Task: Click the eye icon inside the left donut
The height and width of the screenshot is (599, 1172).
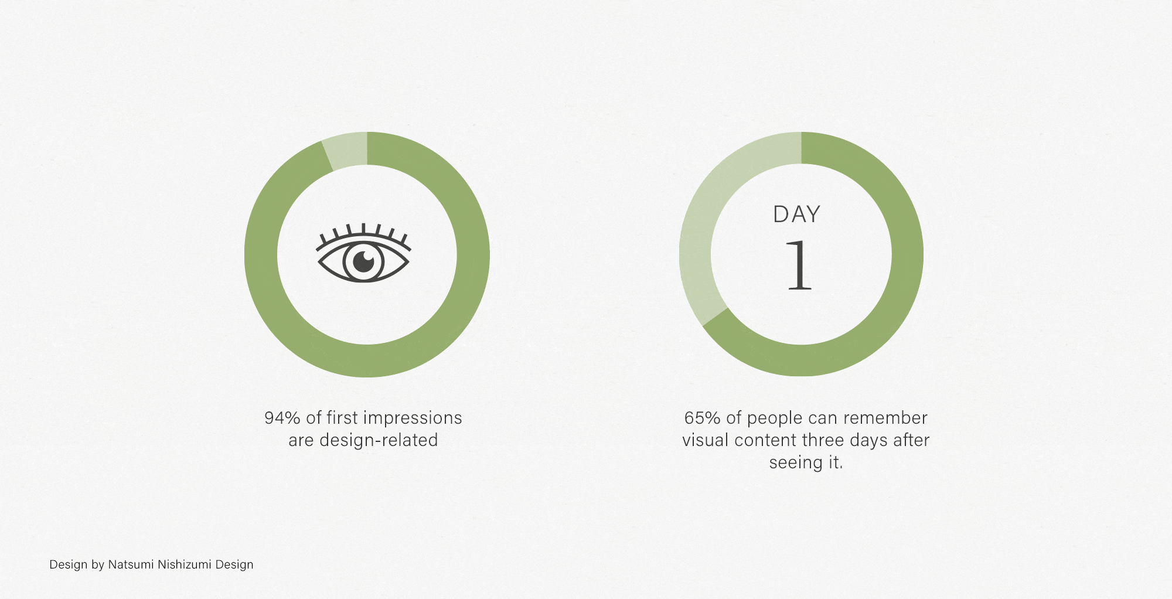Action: [363, 254]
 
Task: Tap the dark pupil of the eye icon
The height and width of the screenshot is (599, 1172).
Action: [364, 261]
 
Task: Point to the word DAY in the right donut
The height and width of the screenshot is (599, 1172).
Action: [796, 215]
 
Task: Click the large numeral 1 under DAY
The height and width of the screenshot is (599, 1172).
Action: [799, 265]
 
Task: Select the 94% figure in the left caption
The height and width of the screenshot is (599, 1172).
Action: [282, 418]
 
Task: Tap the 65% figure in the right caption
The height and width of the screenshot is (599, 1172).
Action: [702, 418]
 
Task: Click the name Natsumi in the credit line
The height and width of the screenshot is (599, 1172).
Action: [130, 564]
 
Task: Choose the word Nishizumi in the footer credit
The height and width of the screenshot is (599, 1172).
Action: [184, 564]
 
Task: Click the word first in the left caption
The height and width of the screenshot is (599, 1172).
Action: [342, 418]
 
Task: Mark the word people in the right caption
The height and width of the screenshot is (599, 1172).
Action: [775, 418]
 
